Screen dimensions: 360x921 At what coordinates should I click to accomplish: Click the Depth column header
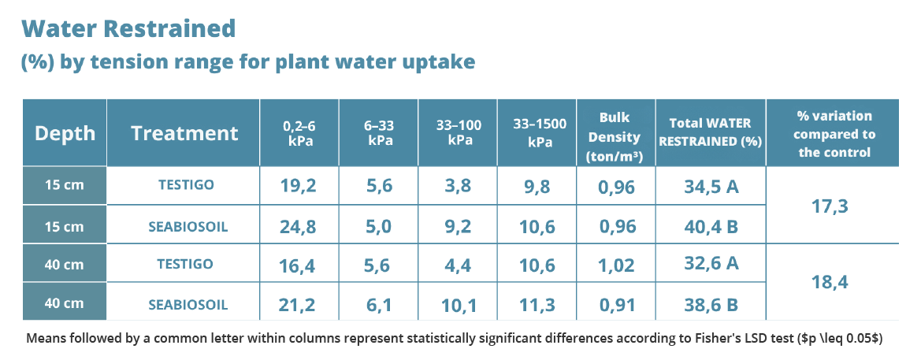(x=65, y=133)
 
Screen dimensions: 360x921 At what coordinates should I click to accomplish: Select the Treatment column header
(x=184, y=133)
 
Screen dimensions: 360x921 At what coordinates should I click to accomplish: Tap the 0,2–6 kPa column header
(x=299, y=132)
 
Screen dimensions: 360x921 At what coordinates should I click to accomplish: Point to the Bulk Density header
(x=615, y=132)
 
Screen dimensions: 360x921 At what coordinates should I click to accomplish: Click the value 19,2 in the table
(x=299, y=187)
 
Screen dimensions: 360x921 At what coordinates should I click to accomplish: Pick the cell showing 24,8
(x=299, y=227)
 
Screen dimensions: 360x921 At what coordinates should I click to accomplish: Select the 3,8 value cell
(x=458, y=187)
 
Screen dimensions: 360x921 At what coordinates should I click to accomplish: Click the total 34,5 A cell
(x=710, y=187)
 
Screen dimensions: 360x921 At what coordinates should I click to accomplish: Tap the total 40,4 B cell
(x=710, y=227)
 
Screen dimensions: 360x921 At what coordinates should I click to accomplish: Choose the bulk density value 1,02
(x=615, y=265)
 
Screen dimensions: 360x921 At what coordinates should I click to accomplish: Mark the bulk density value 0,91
(x=615, y=304)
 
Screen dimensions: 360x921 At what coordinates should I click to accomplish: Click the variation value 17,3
(x=832, y=206)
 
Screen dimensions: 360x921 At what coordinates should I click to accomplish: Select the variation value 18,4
(x=832, y=283)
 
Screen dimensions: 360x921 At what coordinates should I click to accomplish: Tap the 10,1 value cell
(x=458, y=304)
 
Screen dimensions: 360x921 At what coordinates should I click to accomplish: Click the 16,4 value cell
(x=299, y=265)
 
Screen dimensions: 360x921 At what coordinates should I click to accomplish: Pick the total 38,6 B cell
(x=710, y=304)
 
